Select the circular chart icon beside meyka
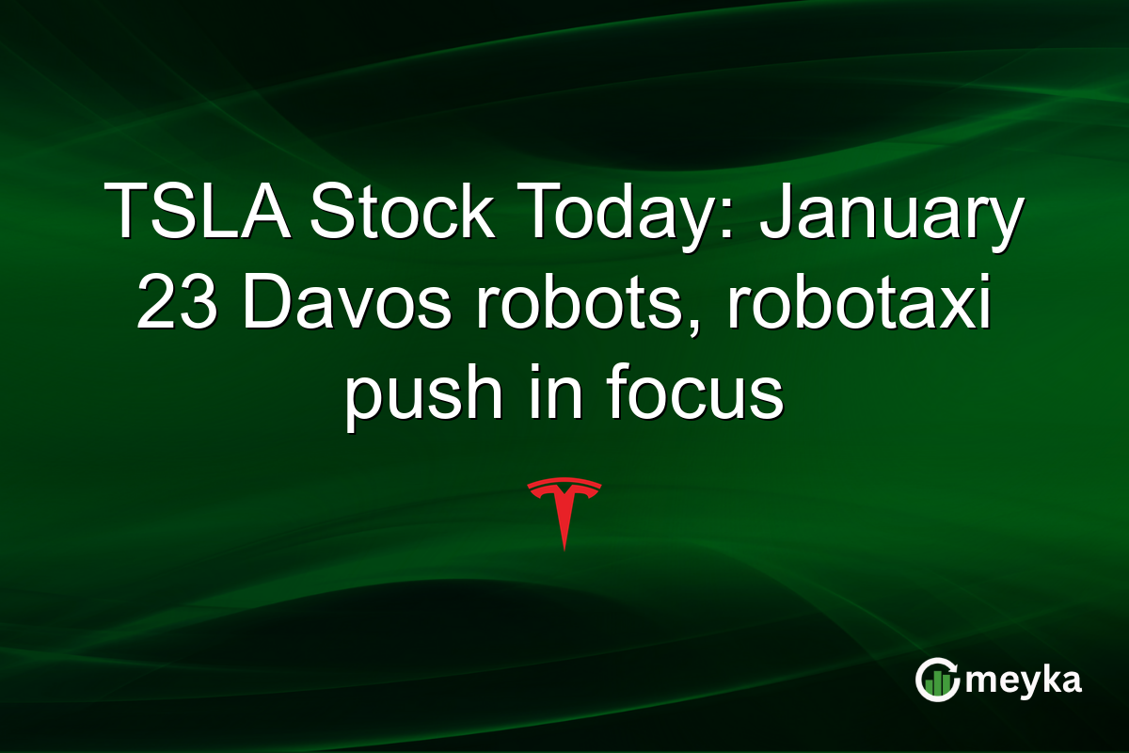[936, 681]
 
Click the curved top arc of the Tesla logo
[564, 483]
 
